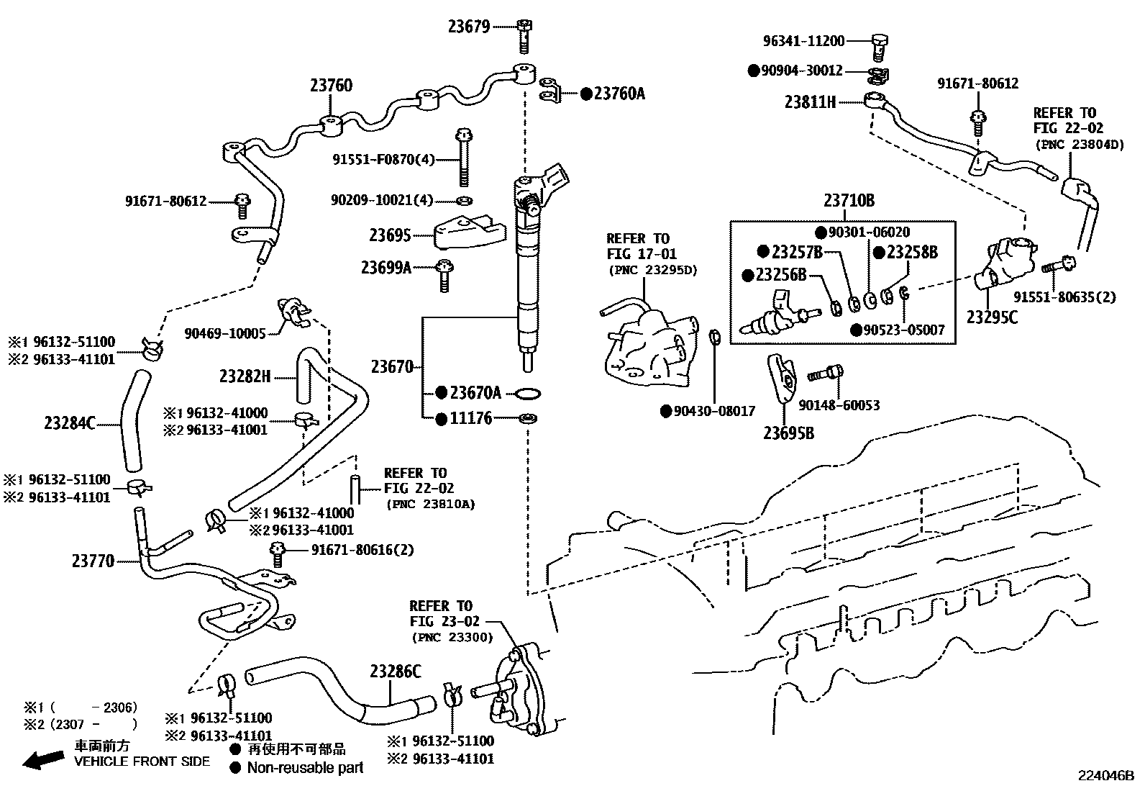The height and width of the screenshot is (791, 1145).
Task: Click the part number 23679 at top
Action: (468, 27)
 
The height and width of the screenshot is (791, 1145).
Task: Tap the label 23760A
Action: (619, 94)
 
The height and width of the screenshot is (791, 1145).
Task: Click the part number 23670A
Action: (475, 393)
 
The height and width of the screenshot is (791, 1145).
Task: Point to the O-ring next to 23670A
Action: (529, 394)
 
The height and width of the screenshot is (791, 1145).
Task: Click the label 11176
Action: (471, 418)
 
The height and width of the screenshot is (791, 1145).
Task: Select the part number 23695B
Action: (788, 433)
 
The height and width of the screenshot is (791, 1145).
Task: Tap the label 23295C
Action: (992, 317)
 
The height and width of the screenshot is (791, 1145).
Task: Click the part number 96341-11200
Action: (803, 42)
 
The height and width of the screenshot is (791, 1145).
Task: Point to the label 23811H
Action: (810, 102)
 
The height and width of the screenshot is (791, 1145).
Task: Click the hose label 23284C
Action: (70, 423)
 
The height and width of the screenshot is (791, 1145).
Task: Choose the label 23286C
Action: (396, 672)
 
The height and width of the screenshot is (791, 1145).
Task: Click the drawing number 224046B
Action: (1105, 776)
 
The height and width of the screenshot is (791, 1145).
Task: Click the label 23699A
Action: (386, 268)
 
